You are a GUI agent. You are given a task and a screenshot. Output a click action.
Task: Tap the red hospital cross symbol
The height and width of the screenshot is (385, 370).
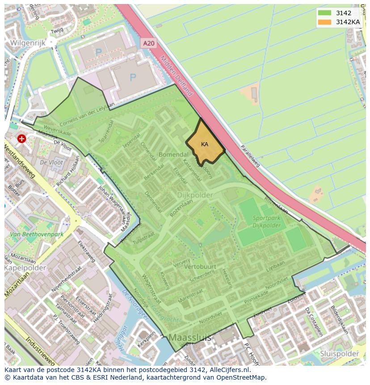(x=21, y=139)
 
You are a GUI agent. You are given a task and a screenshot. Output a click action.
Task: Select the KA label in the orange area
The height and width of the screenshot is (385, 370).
(x=205, y=144)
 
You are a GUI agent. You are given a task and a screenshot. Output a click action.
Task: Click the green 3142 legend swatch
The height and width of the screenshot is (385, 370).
(x=325, y=13)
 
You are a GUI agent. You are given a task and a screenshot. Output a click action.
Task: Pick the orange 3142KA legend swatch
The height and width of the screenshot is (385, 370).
(x=325, y=22)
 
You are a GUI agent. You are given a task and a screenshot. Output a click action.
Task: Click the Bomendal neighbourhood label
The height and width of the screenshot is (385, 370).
(x=173, y=155)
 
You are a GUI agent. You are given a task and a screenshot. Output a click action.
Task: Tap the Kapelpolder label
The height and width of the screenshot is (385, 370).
(x=25, y=267)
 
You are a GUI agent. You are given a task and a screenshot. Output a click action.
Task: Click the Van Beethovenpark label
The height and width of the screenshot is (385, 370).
(x=38, y=234)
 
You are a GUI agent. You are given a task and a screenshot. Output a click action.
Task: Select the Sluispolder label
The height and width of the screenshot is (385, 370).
(x=340, y=353)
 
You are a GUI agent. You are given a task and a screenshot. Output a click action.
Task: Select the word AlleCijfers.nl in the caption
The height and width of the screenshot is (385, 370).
(x=228, y=370)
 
